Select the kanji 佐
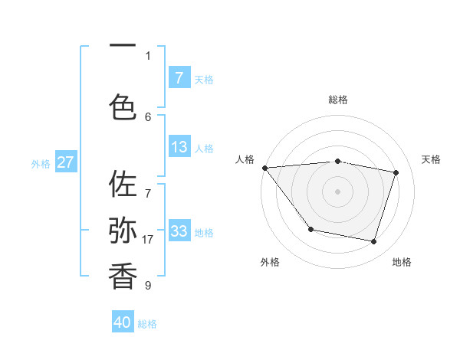tap(123, 185)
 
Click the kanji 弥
tap(123, 230)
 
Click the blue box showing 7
tap(179, 78)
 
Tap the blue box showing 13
tap(179, 148)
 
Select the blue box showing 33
tap(179, 231)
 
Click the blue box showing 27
tap(66, 162)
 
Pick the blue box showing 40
tap(123, 322)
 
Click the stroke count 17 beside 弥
tap(147, 239)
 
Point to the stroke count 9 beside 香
tap(147, 286)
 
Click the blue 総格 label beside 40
tap(147, 324)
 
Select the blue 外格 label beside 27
tap(41, 163)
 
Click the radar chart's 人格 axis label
tap(245, 159)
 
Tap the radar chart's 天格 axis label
tap(431, 159)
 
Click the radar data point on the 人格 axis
tap(264, 168)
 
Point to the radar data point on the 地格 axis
tap(373, 241)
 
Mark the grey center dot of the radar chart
tap(337, 191)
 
